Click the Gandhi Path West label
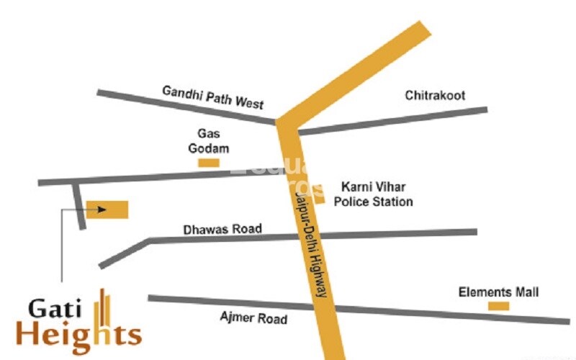[212, 96]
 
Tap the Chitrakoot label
[435, 95]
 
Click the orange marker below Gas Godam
[209, 163]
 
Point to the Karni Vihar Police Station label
[372, 194]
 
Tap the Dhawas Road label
[222, 230]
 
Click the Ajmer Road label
[253, 318]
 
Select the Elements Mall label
[499, 292]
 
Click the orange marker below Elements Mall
[498, 306]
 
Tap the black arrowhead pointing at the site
[102, 210]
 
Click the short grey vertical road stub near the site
[79, 205]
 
